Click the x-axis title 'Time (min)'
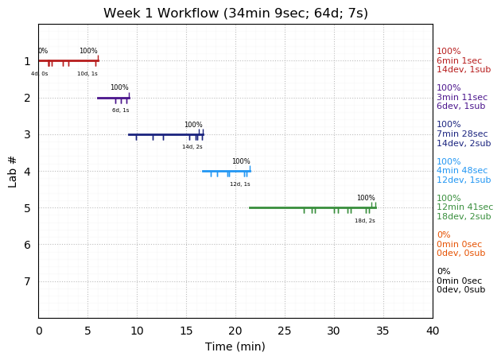coord(235,346)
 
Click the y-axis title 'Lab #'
coord(13,171)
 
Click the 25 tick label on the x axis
coord(285,331)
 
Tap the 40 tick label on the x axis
coord(433,331)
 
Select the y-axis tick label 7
coord(27,281)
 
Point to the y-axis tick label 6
coord(27,245)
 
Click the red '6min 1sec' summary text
coord(459,61)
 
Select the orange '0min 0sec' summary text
coord(459,245)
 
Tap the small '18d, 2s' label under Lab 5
coord(365,221)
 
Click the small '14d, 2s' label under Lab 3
coord(192,147)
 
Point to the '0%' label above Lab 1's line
coord(43,51)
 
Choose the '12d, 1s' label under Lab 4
coord(240,184)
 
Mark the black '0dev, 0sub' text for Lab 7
coord(460,290)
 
